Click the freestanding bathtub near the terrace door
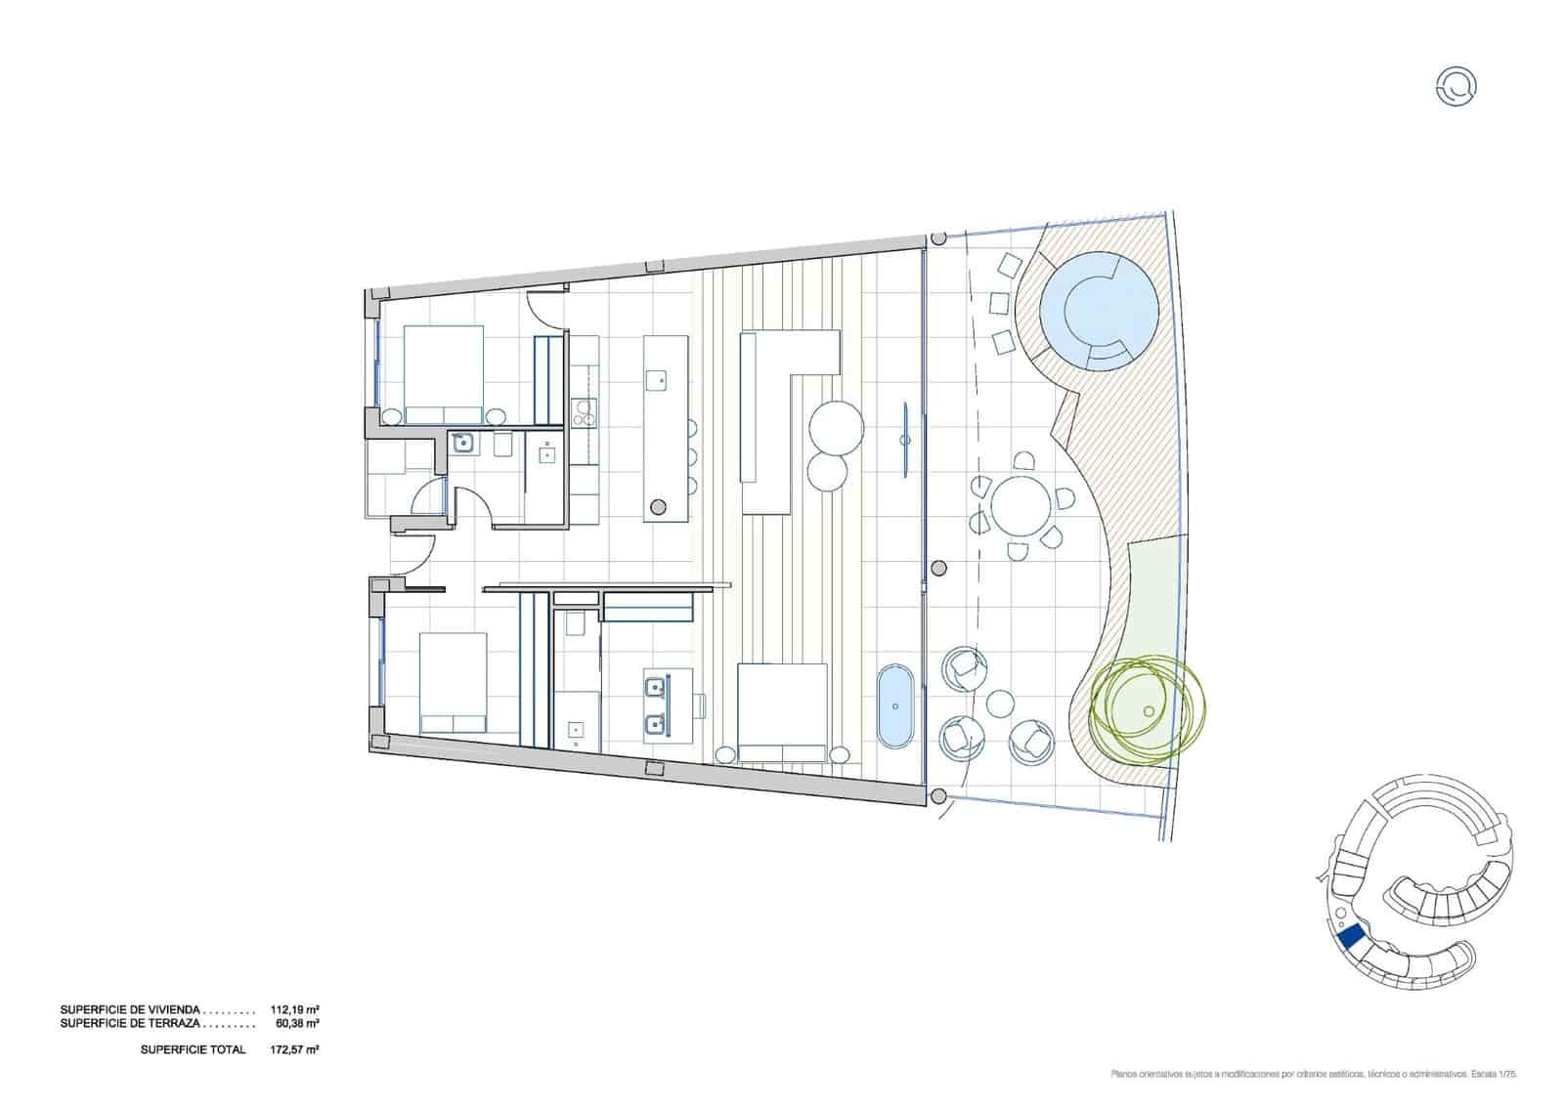(x=895, y=706)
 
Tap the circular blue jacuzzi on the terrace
(x=1098, y=310)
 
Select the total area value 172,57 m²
(x=295, y=1049)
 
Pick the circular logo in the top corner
(x=1457, y=87)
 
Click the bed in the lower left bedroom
(x=454, y=682)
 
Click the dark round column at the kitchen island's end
(x=658, y=505)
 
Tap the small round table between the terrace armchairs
(x=1000, y=703)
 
